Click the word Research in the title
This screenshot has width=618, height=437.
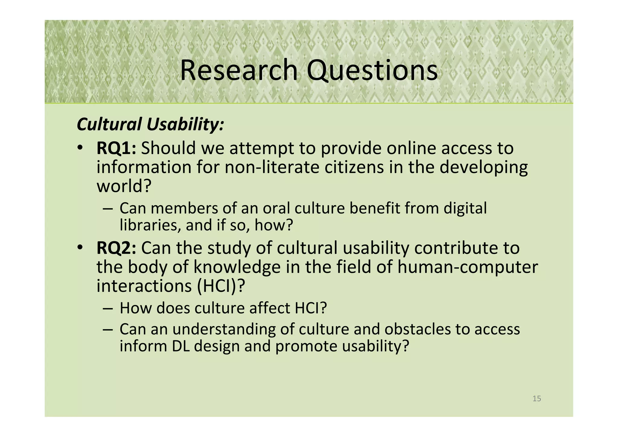239,70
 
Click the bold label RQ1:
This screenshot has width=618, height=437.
116,148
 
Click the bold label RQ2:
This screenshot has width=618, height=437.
116,248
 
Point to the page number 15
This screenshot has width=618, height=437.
537,399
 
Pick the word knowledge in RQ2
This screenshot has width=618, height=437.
237,267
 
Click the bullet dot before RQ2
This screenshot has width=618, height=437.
79,248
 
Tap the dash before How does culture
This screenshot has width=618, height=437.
108,308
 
